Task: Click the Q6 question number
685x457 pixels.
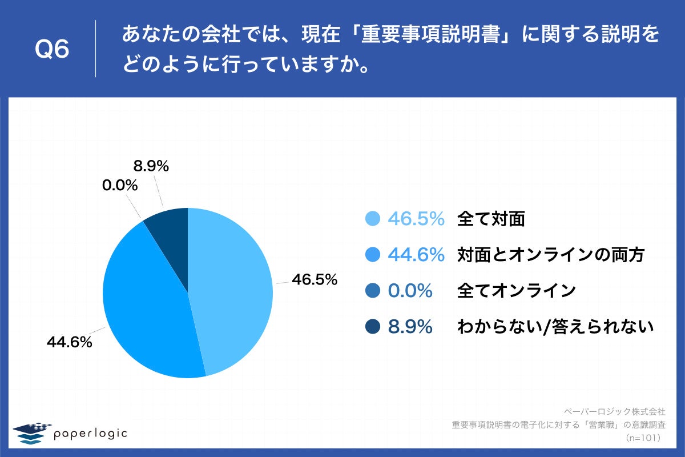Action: (x=52, y=50)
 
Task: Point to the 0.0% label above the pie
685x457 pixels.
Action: (x=120, y=185)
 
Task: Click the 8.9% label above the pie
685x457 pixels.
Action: (x=151, y=166)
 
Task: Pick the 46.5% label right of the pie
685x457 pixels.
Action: (x=315, y=280)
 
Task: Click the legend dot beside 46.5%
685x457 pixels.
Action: (x=372, y=219)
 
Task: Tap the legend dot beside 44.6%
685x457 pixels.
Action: (x=372, y=255)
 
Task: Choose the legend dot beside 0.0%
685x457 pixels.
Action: (x=372, y=291)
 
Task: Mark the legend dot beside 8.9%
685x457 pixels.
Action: (x=372, y=327)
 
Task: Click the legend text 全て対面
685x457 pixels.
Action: (x=491, y=219)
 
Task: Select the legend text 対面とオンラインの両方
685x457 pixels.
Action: (x=551, y=255)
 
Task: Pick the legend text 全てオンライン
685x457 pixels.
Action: (x=516, y=291)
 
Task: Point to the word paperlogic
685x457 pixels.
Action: (x=90, y=434)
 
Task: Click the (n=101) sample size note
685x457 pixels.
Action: (x=643, y=438)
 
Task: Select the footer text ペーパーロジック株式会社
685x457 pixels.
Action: (x=614, y=411)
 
